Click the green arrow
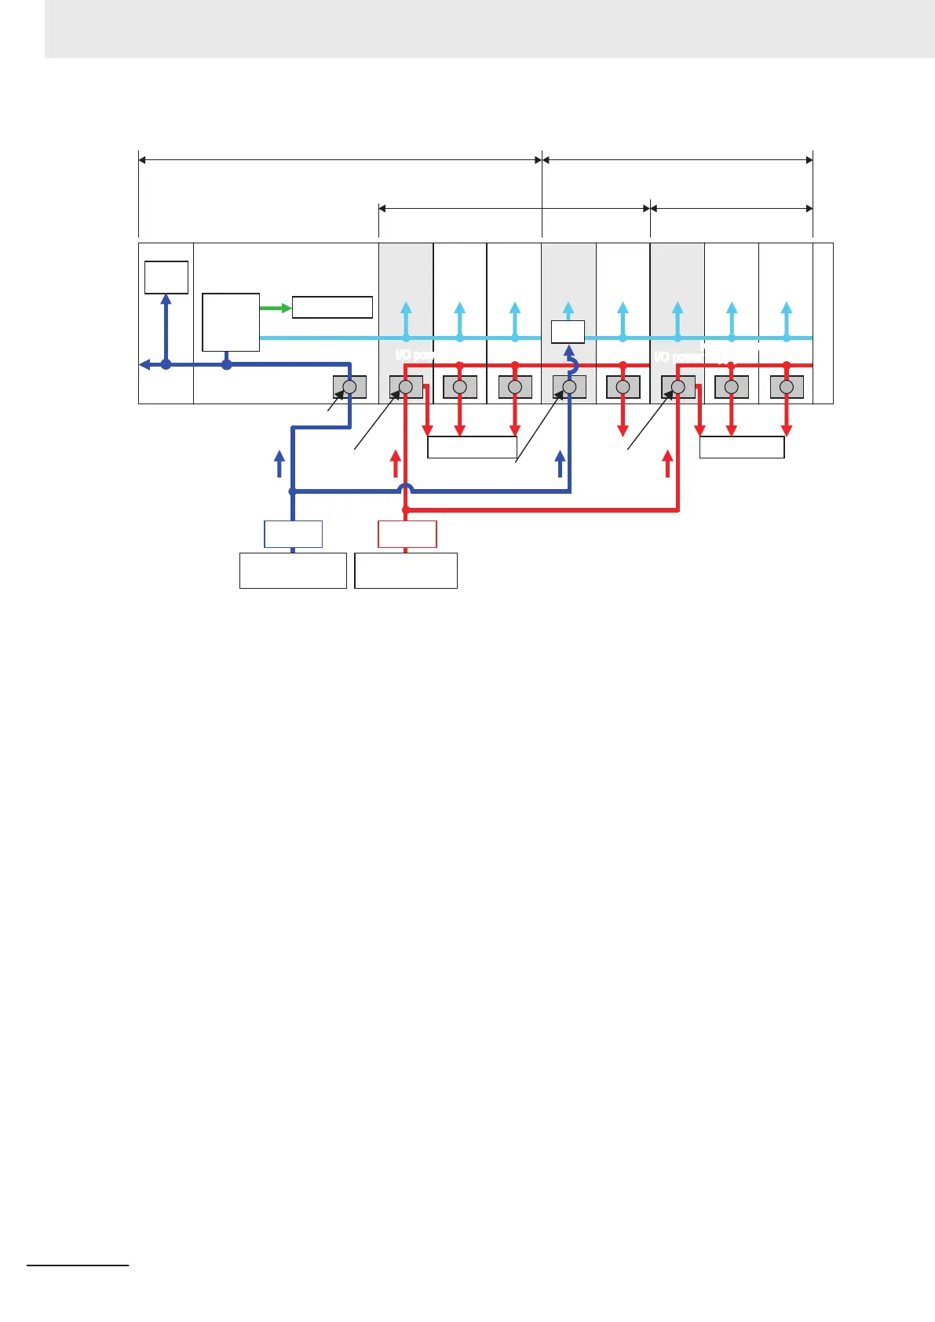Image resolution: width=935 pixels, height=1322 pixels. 276,309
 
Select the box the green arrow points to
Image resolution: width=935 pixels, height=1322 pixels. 332,307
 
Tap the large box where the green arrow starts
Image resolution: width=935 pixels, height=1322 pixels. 231,322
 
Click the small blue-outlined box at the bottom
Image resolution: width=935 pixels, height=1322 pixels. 293,534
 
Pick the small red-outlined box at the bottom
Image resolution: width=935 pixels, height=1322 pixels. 407,534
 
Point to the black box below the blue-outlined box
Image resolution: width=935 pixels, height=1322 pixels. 293,571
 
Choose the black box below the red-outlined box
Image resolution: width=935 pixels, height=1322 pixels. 406,571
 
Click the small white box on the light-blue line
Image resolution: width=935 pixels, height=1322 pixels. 568,332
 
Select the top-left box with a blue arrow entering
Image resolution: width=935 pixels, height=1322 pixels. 166,277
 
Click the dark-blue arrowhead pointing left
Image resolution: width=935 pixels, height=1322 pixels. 144,364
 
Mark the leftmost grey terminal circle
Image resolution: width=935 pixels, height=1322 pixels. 350,387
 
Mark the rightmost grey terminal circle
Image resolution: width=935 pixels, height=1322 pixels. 787,387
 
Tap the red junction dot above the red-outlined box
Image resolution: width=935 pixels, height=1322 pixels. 406,509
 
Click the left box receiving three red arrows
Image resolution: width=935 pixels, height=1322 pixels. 472,447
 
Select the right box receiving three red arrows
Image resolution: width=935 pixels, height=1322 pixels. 742,447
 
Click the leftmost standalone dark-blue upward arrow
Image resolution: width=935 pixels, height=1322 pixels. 279,464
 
